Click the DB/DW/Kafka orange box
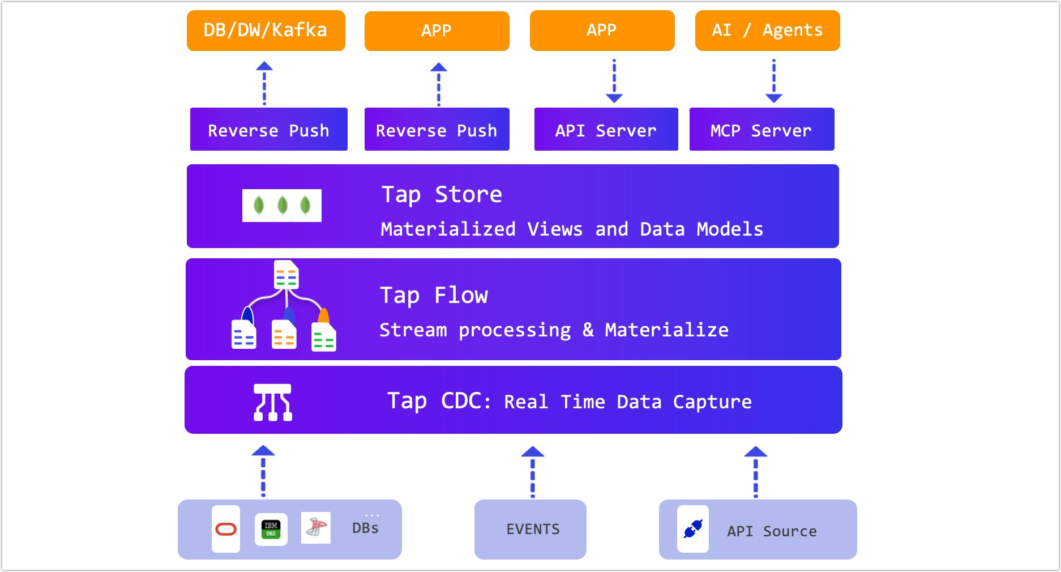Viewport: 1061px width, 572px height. point(266,31)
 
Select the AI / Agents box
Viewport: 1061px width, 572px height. point(767,31)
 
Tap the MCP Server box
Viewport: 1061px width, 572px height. point(761,130)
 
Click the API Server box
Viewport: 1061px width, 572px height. point(606,130)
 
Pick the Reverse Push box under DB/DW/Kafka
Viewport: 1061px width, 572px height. point(268,130)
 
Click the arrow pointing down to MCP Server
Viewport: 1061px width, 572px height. point(774,80)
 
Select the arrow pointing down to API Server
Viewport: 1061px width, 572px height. point(614,80)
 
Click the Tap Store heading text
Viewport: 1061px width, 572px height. point(442,194)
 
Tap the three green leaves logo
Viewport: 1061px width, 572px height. point(282,205)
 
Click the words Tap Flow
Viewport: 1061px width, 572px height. point(434,295)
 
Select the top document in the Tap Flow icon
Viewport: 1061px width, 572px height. point(286,275)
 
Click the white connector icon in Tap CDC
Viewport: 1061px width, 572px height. point(273,402)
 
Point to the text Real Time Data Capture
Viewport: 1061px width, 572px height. point(627,402)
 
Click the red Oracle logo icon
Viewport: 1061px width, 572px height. point(226,529)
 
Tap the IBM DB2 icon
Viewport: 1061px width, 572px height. point(271,529)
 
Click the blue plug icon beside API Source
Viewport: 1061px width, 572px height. point(693,529)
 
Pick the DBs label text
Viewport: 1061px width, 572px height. point(365,528)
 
